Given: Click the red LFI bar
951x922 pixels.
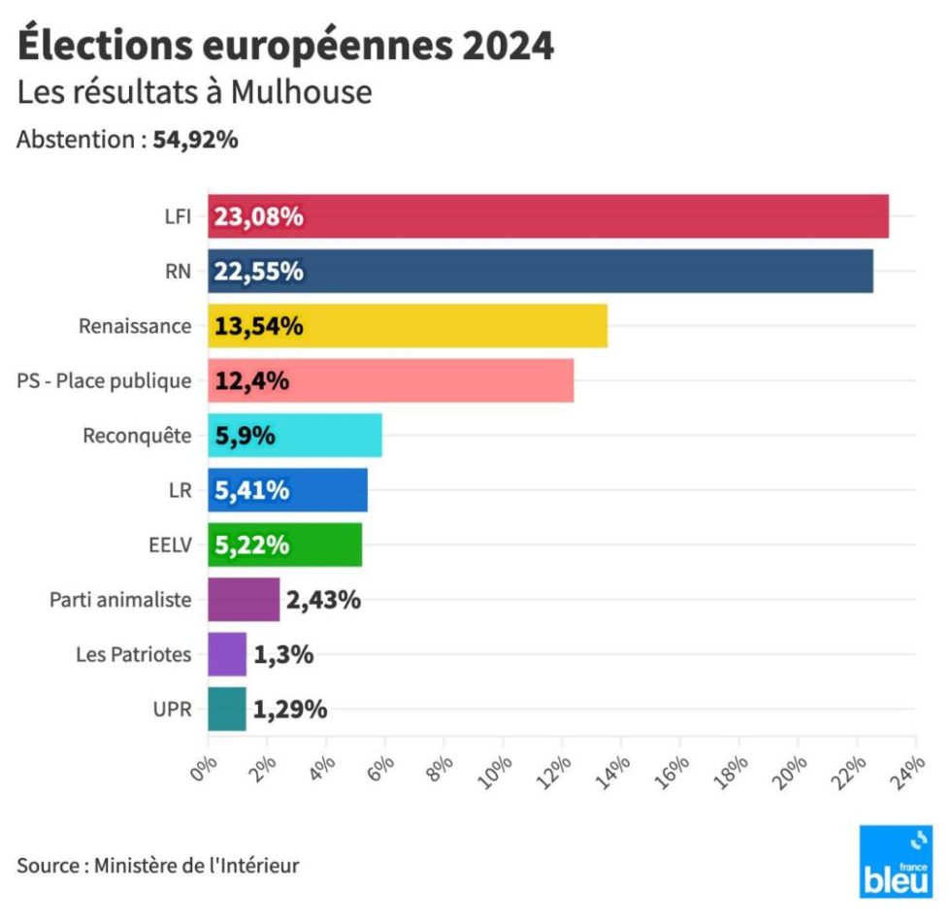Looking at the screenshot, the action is pyautogui.click(x=548, y=216).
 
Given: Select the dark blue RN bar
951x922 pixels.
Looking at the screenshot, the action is pyautogui.click(x=541, y=271).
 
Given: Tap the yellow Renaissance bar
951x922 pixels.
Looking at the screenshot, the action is pyautogui.click(x=408, y=326).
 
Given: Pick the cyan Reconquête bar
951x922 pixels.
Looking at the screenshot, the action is pyautogui.click(x=295, y=435).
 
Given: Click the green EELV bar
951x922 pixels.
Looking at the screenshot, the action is pyautogui.click(x=285, y=544).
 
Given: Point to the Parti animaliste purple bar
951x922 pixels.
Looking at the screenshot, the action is pyautogui.click(x=244, y=600).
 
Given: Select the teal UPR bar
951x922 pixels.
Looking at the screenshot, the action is pyautogui.click(x=227, y=709).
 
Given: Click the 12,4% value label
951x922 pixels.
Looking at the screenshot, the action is pyautogui.click(x=251, y=380).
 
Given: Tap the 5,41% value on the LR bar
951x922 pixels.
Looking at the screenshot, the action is pyautogui.click(x=251, y=490).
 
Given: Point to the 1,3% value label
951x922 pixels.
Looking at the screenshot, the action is pyautogui.click(x=283, y=654).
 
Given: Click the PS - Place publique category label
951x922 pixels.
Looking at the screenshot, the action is pyautogui.click(x=104, y=380).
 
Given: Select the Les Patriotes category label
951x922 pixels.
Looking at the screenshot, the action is pyautogui.click(x=134, y=654).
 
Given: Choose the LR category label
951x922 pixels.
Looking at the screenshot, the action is pyautogui.click(x=180, y=490).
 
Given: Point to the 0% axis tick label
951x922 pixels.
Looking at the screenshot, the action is pyautogui.click(x=203, y=769).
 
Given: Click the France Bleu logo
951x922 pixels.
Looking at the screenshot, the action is pyautogui.click(x=896, y=862).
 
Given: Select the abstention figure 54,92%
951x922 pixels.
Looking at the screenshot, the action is pyautogui.click(x=195, y=140).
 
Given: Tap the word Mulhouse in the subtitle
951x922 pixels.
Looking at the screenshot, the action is pyautogui.click(x=302, y=92).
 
